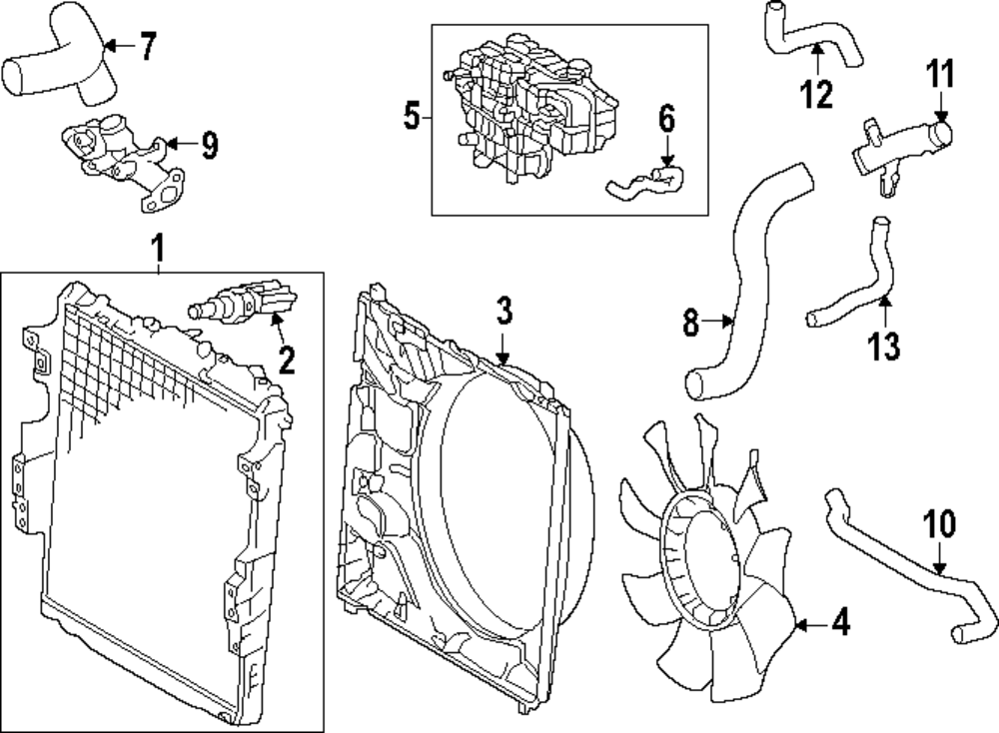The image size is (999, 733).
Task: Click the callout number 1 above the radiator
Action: [157, 246]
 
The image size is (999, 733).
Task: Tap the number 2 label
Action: [288, 360]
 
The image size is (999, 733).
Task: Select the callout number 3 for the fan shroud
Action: [503, 312]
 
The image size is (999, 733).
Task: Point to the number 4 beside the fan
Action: [840, 624]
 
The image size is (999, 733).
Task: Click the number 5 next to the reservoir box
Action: [412, 117]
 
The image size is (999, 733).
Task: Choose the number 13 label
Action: [884, 346]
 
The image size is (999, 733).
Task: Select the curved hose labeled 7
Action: [60, 70]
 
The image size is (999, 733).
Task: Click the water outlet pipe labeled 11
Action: [899, 145]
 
